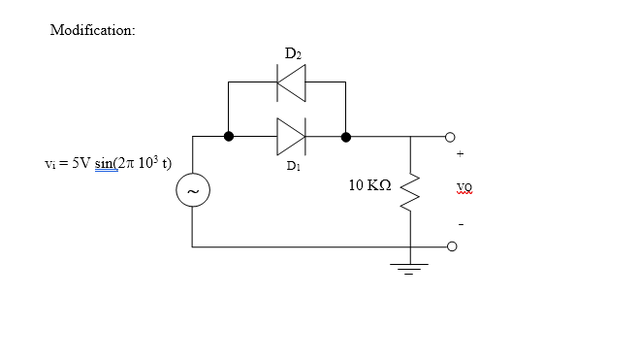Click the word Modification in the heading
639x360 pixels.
point(91,30)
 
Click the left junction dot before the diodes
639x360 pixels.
point(229,137)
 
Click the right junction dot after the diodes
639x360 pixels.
point(346,137)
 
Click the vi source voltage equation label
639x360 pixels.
point(108,162)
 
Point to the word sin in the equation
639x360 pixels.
point(107,162)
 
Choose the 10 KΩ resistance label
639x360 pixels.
point(369,184)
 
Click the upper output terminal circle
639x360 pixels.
point(450,137)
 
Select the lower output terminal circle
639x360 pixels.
point(450,246)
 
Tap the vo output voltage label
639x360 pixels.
point(464,188)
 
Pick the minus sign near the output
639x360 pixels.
point(462,225)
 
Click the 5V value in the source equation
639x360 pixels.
point(81,162)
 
